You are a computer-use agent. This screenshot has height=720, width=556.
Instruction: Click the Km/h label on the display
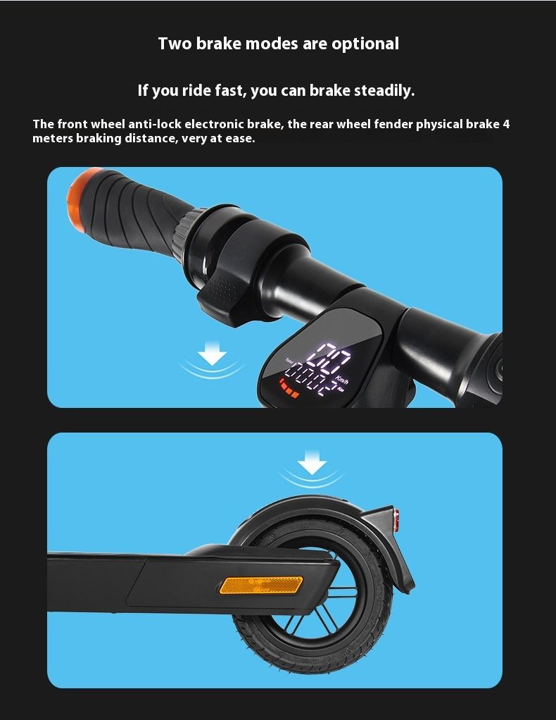coord(342,379)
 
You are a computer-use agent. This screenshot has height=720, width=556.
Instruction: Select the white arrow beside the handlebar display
coord(212,354)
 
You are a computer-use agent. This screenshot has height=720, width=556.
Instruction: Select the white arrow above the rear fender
coord(312,463)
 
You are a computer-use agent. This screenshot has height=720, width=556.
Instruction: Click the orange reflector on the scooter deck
coord(261,585)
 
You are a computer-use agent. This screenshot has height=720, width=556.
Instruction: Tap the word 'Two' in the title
coord(175,44)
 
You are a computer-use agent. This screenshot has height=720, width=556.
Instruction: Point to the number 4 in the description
coord(506,125)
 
